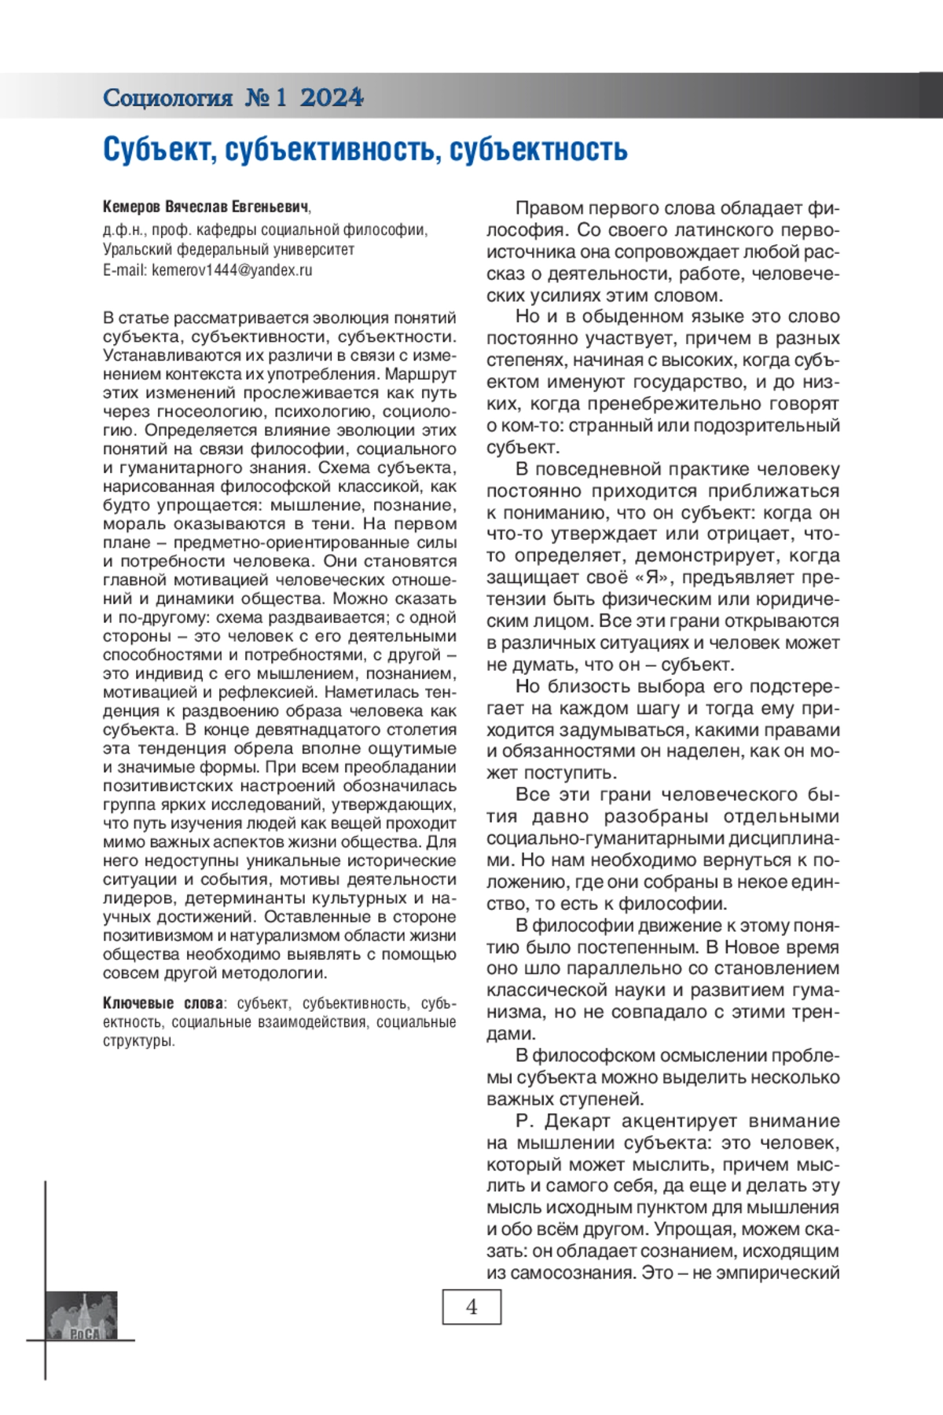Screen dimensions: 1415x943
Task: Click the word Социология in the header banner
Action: coord(167,97)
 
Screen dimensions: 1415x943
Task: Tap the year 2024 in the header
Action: coord(332,97)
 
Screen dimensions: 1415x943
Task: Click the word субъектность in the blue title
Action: coord(538,148)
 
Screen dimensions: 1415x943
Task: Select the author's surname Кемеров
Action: coord(132,207)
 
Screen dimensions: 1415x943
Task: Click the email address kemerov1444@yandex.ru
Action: coord(232,270)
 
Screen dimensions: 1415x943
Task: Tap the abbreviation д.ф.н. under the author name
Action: coord(123,230)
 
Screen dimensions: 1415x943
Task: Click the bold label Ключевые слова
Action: coord(163,1003)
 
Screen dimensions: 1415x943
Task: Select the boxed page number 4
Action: coord(472,1307)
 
